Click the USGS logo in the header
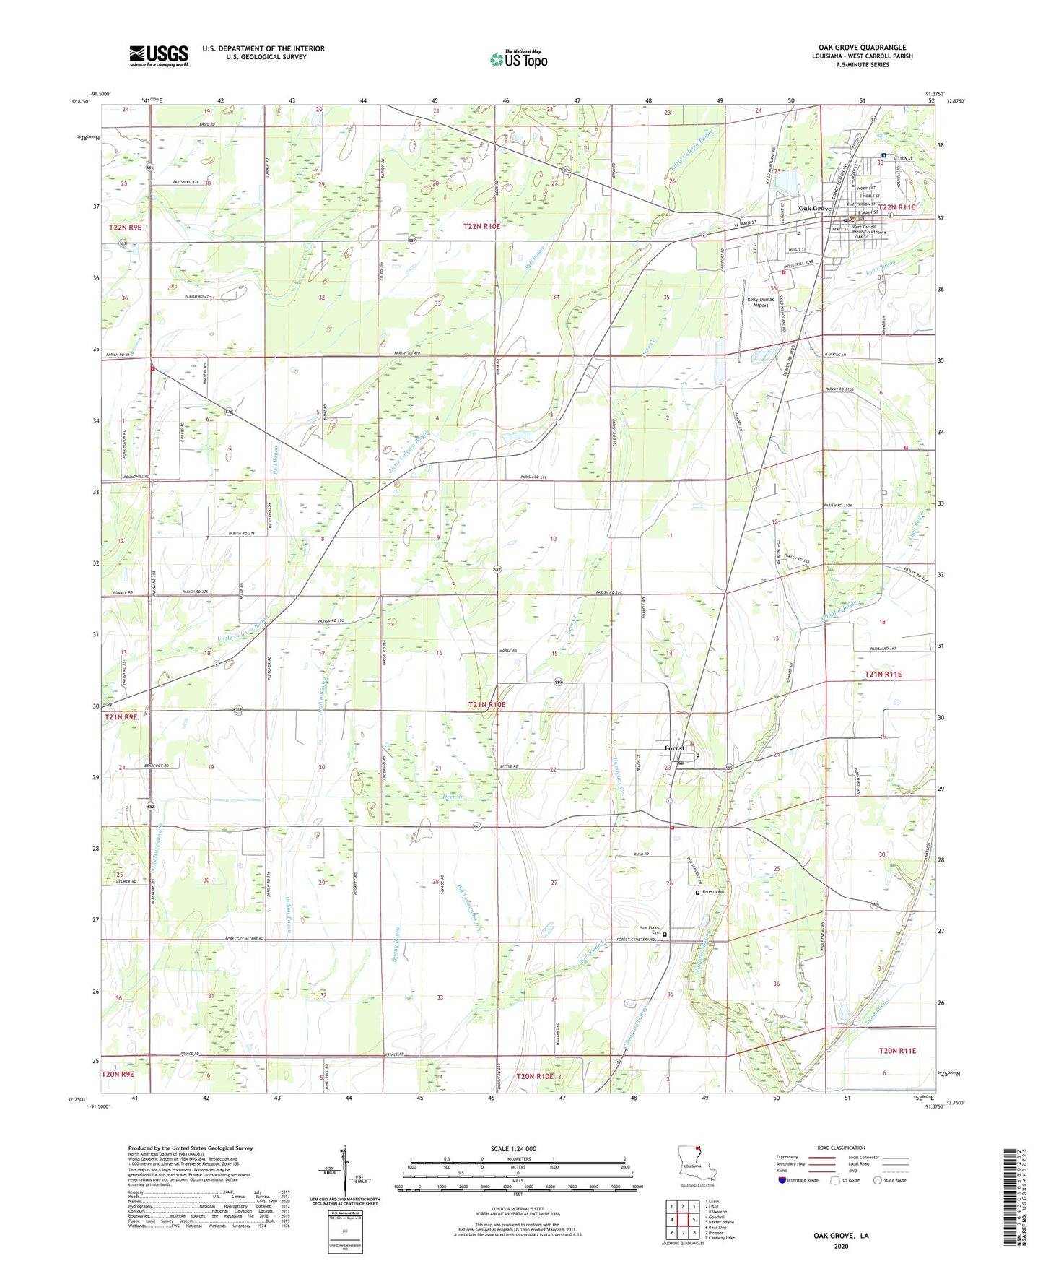click(158, 56)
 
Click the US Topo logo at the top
click(518, 59)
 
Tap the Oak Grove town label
click(814, 208)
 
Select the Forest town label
click(674, 748)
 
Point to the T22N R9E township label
click(125, 227)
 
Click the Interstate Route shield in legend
click(782, 1180)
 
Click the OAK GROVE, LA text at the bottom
click(841, 1236)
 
